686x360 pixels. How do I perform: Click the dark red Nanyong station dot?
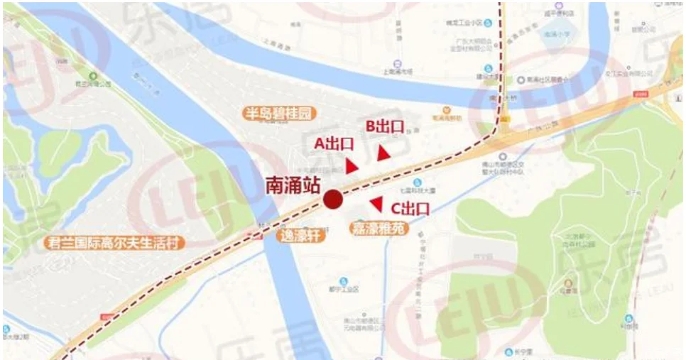(x=332, y=200)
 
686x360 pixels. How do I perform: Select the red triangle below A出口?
(x=352, y=166)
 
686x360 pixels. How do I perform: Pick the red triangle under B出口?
(x=383, y=153)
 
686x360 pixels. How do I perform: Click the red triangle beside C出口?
(x=376, y=204)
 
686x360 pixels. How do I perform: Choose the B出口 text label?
(x=385, y=126)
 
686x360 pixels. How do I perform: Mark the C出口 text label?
(x=410, y=209)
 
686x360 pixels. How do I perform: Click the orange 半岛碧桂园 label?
(x=278, y=114)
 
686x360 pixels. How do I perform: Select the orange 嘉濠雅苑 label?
(x=379, y=229)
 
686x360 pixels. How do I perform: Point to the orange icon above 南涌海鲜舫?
(x=447, y=110)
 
